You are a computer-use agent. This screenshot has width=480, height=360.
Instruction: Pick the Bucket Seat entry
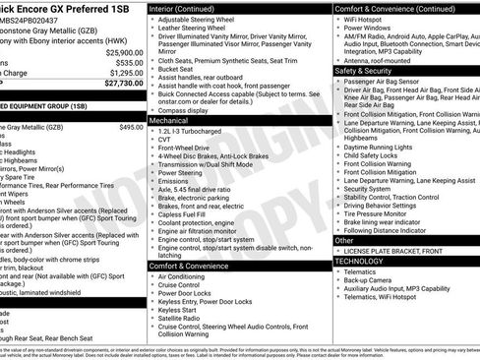click(177, 69)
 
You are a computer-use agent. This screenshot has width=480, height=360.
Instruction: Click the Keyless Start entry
click(177, 308)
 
